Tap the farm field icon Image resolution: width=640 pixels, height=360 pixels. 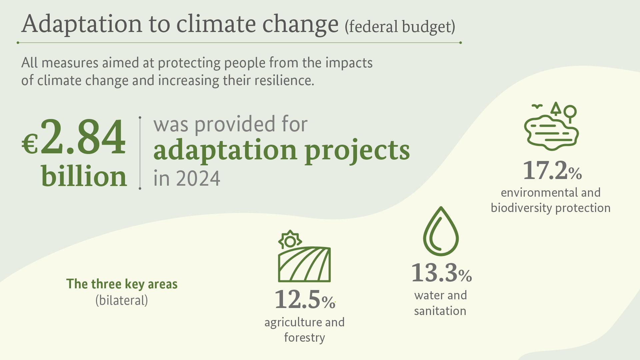pyautogui.click(x=304, y=264)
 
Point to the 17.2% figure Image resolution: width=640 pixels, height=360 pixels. pyautogui.click(x=552, y=170)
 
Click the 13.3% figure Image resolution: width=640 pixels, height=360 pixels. pyautogui.click(x=441, y=273)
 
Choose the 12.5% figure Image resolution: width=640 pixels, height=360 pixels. pyautogui.click(x=304, y=300)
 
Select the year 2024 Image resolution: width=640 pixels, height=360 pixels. pyautogui.click(x=198, y=178)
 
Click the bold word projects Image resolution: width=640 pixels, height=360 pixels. pyautogui.click(x=357, y=151)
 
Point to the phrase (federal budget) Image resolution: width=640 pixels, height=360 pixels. pyautogui.click(x=400, y=27)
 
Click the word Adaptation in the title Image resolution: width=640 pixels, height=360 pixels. pyautogui.click(x=82, y=24)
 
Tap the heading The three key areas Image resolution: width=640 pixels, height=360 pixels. pyautogui.click(x=122, y=284)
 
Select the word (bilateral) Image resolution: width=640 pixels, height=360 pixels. pyautogui.click(x=122, y=300)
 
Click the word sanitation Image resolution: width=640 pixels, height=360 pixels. pyautogui.click(x=440, y=311)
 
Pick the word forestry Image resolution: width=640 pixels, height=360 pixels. pyautogui.click(x=304, y=338)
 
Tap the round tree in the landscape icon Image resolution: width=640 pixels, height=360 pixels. pyautogui.click(x=570, y=111)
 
